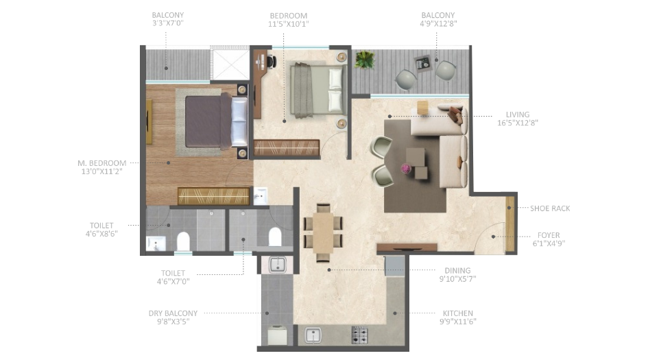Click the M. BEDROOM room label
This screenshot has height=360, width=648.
(102, 163)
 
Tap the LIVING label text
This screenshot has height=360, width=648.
(518, 115)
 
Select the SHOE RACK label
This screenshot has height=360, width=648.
(550, 208)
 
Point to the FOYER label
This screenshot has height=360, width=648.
(549, 235)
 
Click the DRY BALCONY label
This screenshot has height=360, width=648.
(173, 313)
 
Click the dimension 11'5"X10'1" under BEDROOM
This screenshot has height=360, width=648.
(289, 23)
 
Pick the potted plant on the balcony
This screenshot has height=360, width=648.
(364, 60)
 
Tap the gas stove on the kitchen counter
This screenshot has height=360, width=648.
(360, 336)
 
